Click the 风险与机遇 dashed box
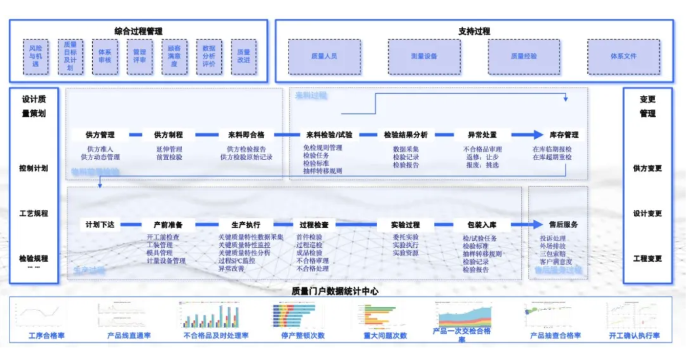[x=36, y=57]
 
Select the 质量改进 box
[x=243, y=57]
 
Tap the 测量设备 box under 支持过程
[x=424, y=57]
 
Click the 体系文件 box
[x=623, y=57]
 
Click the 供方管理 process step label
[x=100, y=135]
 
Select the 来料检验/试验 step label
[x=329, y=135]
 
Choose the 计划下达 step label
[x=100, y=225]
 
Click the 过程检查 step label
[x=314, y=225]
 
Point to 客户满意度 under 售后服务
[x=553, y=262]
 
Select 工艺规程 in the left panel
[x=34, y=213]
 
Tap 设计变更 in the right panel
[x=647, y=213]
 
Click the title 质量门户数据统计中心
[x=335, y=292]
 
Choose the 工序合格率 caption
[x=46, y=336]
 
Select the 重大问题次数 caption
[x=385, y=336]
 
